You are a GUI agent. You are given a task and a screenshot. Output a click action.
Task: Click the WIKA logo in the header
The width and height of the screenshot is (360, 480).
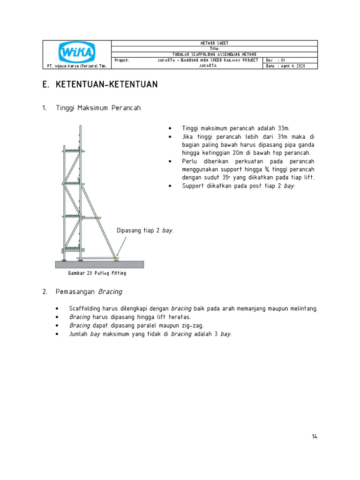76,52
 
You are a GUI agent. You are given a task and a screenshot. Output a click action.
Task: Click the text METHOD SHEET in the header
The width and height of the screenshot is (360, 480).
214,43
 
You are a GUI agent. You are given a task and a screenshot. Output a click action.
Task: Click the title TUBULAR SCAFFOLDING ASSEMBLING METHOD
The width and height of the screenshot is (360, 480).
214,54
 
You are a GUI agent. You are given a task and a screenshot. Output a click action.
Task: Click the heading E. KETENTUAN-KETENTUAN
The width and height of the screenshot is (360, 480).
100,85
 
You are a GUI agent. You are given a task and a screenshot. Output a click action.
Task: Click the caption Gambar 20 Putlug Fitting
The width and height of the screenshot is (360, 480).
97,273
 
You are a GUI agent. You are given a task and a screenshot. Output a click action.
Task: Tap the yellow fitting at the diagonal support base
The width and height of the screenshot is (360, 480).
115,257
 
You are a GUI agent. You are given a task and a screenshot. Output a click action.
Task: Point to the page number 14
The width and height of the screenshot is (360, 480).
314,437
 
